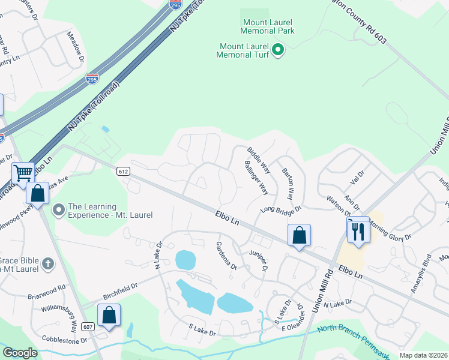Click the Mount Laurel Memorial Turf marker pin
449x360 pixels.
click(278, 50)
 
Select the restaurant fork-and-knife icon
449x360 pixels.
click(358, 231)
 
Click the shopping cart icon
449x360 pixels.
click(23, 174)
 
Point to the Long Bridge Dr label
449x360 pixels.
click(280, 209)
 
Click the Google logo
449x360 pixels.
click(20, 353)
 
